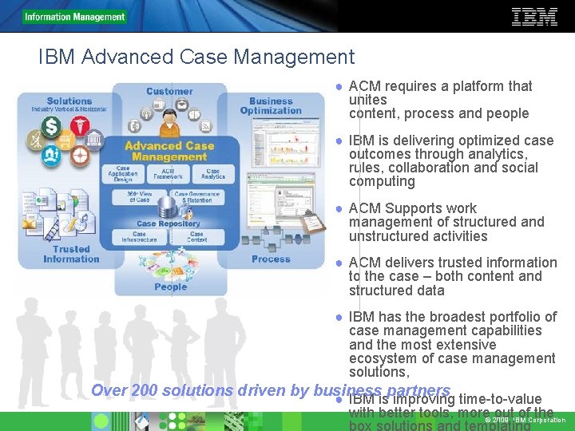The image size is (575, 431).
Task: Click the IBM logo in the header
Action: [533, 17]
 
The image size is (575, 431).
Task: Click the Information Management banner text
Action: [74, 17]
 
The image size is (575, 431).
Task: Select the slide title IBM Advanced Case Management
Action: [196, 57]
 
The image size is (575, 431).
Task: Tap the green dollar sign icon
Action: [52, 126]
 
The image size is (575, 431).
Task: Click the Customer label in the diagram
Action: [169, 91]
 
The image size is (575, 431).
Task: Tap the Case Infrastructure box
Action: [139, 236]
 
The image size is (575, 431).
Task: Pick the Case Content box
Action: [196, 236]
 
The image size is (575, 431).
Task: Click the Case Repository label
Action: [168, 223]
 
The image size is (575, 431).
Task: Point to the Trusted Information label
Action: [71, 254]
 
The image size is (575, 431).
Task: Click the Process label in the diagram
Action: [271, 259]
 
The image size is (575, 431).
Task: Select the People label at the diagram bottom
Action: [170, 287]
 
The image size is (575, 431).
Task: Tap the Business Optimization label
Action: [271, 105]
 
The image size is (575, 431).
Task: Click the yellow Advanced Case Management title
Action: [169, 151]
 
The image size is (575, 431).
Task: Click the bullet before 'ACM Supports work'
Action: [339, 209]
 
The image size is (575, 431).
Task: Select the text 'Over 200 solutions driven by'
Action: [200, 390]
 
